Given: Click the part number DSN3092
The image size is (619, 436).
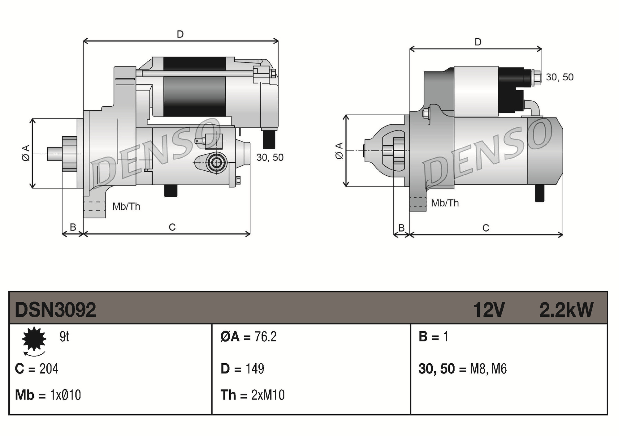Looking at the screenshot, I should (55, 310).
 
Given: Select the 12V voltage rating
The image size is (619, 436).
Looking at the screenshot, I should (489, 310).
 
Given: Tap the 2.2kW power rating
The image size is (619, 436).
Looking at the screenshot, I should (566, 310).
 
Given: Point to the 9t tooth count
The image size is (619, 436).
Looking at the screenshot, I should (64, 336).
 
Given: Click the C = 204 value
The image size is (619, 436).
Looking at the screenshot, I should (37, 369).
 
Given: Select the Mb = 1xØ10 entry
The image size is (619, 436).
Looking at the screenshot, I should (48, 395).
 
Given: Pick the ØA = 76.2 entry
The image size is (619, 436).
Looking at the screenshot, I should (249, 336).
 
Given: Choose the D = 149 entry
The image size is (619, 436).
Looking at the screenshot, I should (242, 369).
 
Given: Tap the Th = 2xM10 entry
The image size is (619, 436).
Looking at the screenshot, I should (253, 395).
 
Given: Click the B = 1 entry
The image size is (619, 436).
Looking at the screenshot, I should (433, 336).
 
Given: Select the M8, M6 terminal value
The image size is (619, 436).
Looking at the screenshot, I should (488, 369).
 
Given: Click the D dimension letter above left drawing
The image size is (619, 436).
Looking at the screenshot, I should (180, 34).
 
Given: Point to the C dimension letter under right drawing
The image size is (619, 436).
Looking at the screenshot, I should (486, 228).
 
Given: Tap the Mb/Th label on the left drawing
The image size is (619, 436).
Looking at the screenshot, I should (126, 206).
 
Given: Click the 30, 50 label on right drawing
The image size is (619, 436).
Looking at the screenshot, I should (560, 77).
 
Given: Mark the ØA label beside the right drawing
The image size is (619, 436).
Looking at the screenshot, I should (339, 151).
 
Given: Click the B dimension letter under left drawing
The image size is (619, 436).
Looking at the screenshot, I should (73, 227).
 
